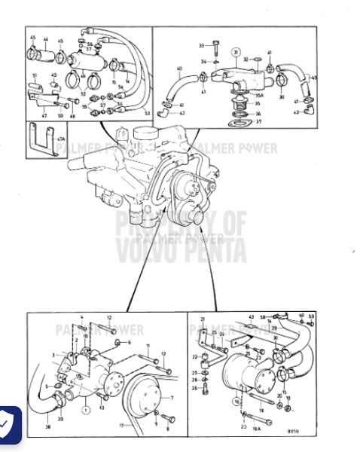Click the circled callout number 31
(x=236, y=52)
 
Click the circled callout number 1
(x=85, y=410)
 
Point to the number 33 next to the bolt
(x=202, y=46)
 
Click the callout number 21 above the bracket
(x=203, y=319)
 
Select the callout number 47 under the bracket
(x=43, y=115)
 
